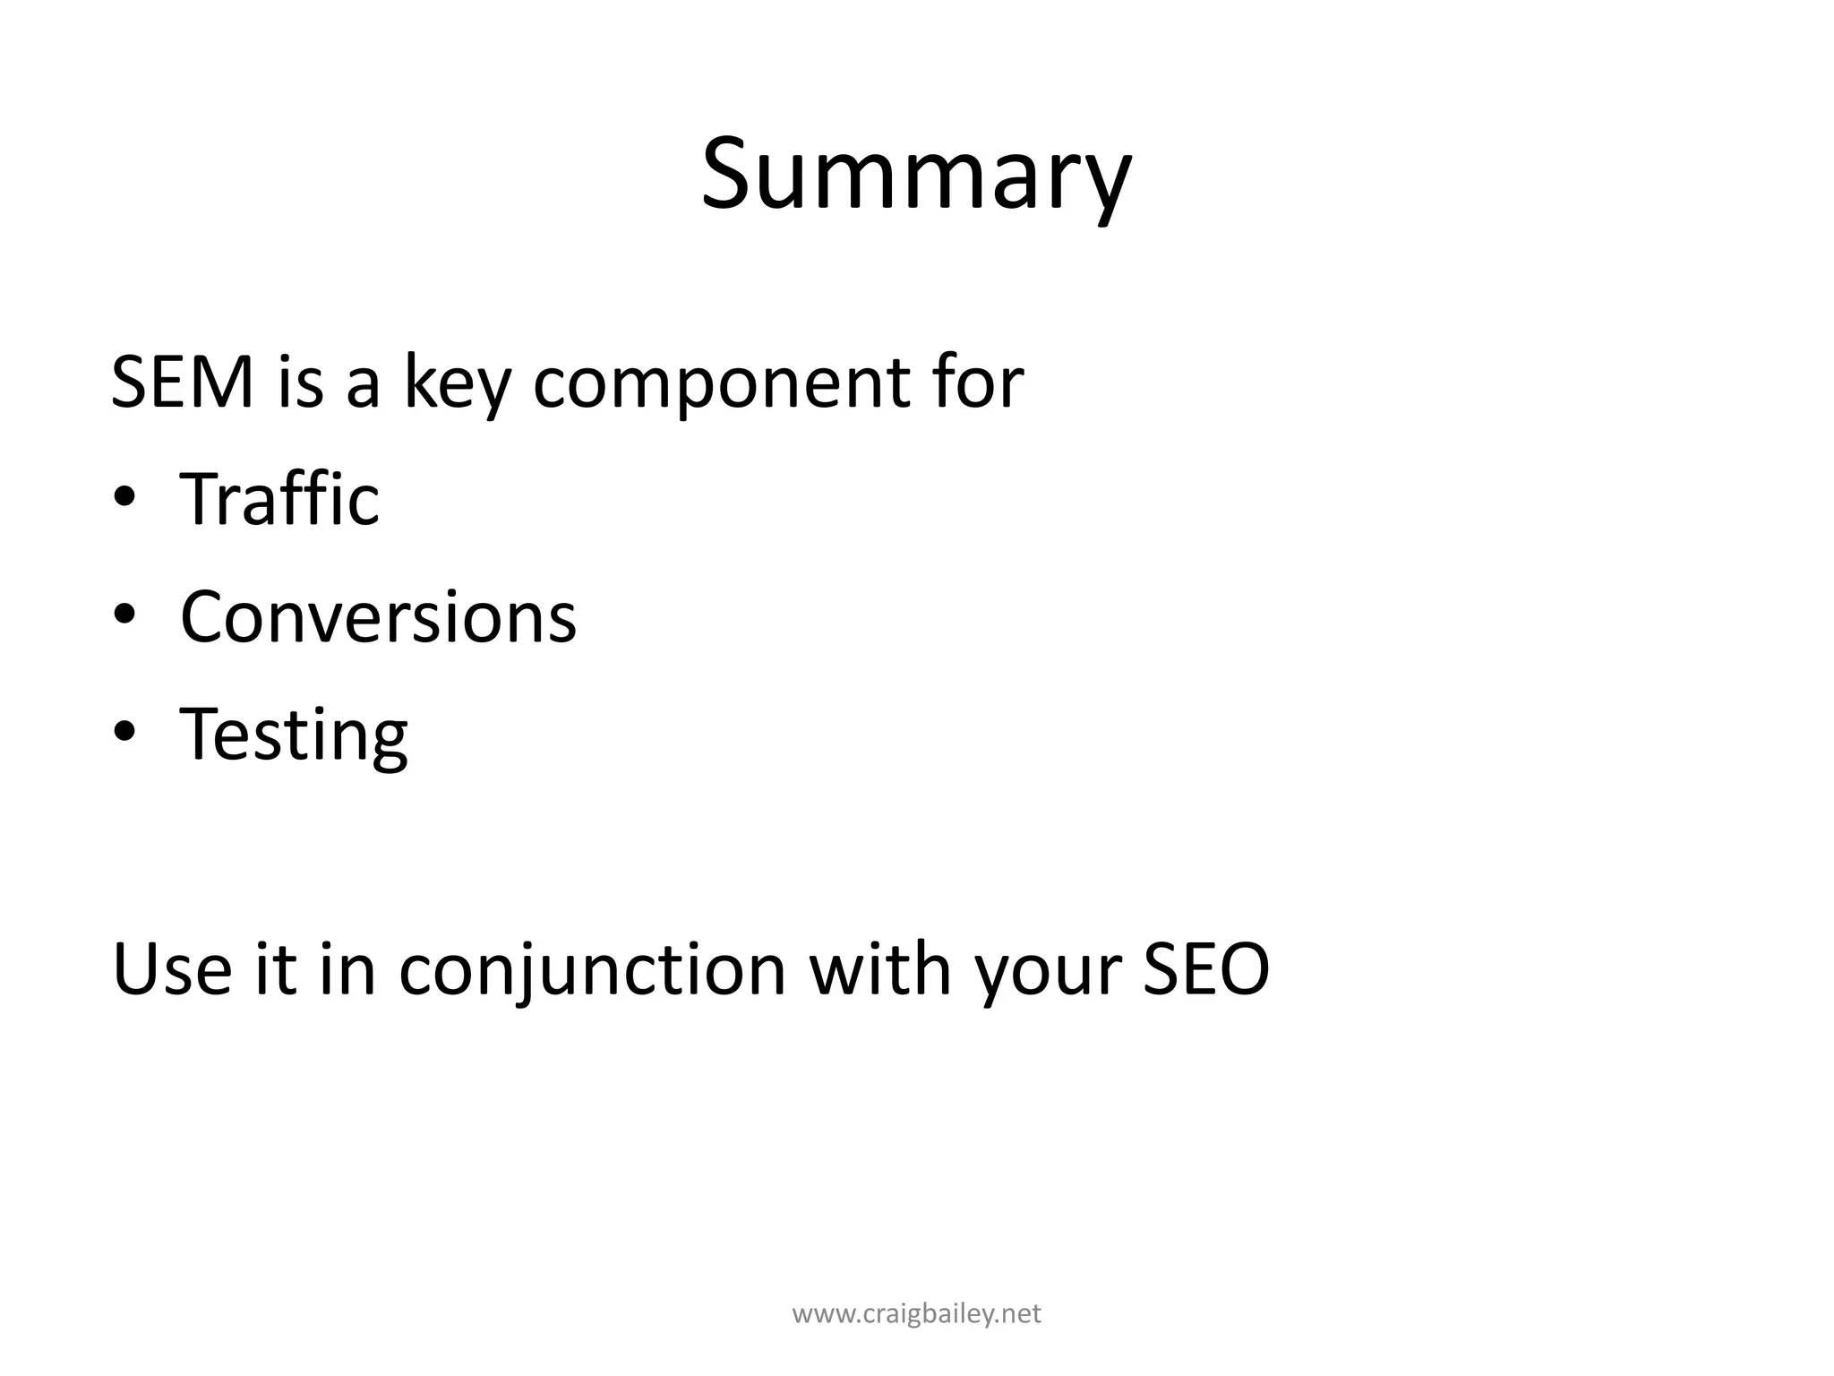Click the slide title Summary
916,175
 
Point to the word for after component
976,383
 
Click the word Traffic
279,499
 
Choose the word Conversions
378,617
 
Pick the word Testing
294,735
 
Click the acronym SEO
1206,969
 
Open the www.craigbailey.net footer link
917,1314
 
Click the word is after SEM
300,383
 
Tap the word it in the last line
276,969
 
